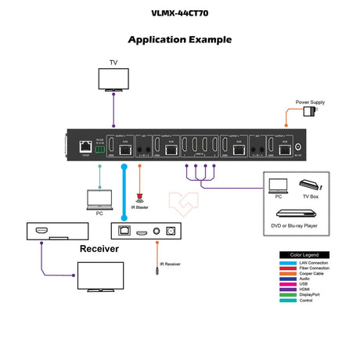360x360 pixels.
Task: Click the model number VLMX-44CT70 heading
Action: (179, 13)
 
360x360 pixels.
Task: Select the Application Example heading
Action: (179, 39)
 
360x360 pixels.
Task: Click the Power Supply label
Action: (310, 102)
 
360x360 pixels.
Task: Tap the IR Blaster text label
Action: (142, 208)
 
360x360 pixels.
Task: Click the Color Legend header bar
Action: (304, 254)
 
